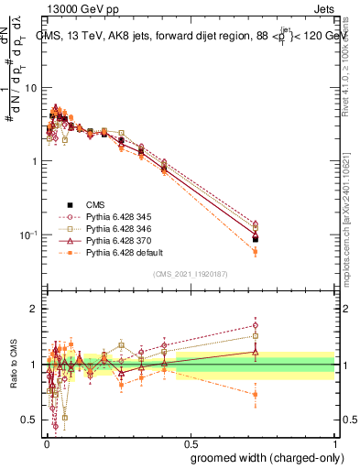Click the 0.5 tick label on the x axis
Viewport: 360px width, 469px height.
191,444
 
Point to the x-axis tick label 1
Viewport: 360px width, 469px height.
338,444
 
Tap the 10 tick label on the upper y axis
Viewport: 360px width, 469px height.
31,88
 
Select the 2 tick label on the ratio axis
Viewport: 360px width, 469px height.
36,309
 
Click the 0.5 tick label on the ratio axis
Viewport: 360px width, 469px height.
30,420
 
